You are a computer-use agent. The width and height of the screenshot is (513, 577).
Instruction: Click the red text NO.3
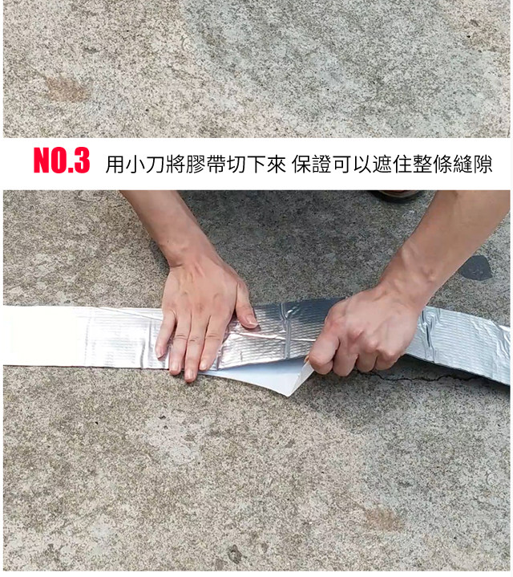pyautogui.click(x=61, y=161)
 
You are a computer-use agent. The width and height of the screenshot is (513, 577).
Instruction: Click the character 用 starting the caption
pyautogui.click(x=114, y=165)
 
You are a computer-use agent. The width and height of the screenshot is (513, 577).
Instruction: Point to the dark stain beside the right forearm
pyautogui.click(x=476, y=268)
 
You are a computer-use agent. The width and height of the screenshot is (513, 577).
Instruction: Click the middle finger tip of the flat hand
pyautogui.click(x=191, y=372)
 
